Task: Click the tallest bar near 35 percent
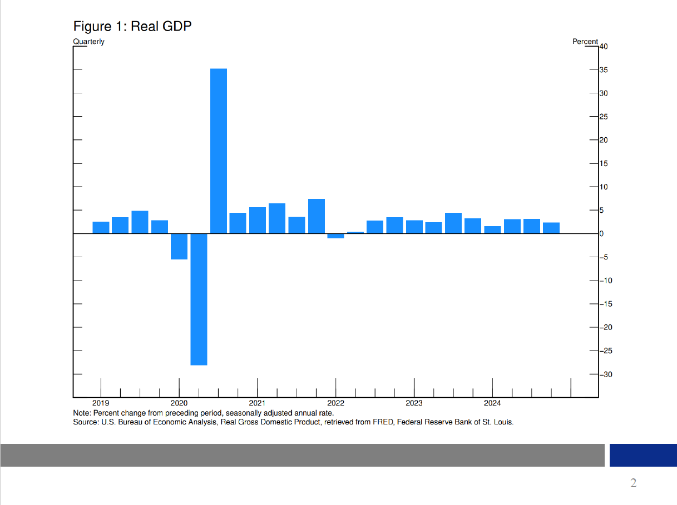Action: [218, 150]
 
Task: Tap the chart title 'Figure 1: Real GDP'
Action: [132, 26]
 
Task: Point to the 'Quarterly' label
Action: [88, 42]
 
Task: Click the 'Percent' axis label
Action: [585, 42]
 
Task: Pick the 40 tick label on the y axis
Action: [604, 47]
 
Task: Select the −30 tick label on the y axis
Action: [605, 374]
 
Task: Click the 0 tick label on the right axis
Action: [601, 234]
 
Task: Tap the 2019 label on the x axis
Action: [101, 403]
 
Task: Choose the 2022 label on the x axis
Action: [335, 403]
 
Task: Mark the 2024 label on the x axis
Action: [492, 403]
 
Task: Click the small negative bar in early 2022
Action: [335, 236]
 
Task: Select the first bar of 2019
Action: [101, 227]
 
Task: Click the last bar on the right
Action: [551, 228]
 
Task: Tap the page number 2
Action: [633, 483]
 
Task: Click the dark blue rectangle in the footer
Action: [643, 455]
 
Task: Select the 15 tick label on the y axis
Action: [603, 164]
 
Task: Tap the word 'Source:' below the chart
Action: [86, 422]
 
